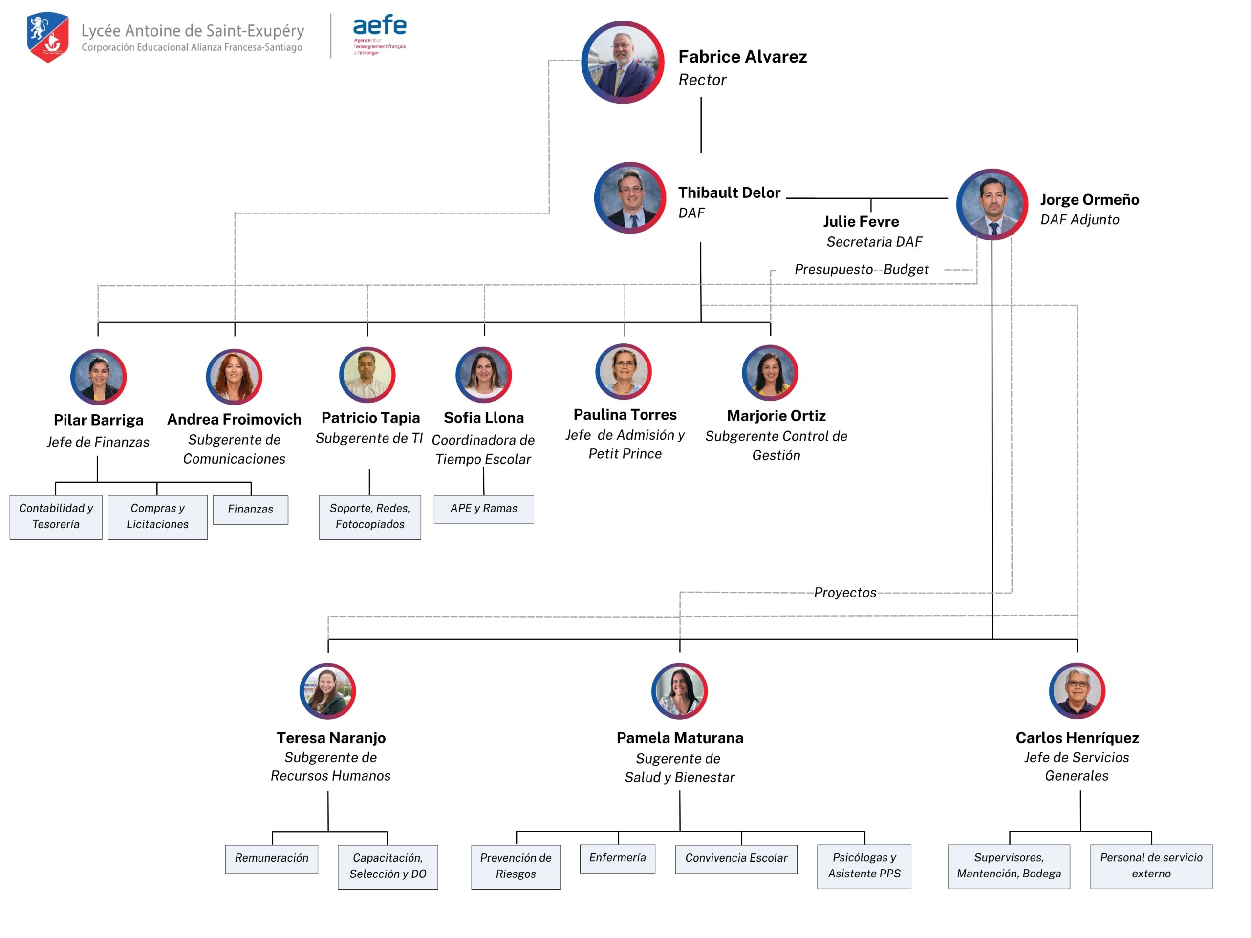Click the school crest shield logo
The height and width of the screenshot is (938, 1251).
(x=48, y=37)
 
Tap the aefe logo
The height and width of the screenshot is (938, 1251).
(x=380, y=34)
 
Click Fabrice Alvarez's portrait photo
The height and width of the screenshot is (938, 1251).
(x=623, y=62)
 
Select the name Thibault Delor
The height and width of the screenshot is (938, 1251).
(x=729, y=193)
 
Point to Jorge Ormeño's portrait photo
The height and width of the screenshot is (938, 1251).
(x=992, y=204)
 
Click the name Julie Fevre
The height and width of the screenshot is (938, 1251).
(x=861, y=222)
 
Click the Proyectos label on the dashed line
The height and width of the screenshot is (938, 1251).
(x=845, y=593)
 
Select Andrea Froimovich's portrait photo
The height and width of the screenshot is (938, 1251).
(x=234, y=377)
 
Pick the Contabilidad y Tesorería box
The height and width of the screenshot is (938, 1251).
(x=56, y=517)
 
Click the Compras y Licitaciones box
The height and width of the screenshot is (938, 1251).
(x=157, y=517)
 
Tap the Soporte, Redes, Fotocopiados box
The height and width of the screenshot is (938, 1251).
(x=370, y=517)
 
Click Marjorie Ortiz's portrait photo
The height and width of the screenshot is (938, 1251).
(x=770, y=373)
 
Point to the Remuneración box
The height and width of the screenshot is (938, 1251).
(x=272, y=858)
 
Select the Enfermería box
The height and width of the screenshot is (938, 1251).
(x=617, y=858)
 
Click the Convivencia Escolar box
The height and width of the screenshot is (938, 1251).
(x=736, y=858)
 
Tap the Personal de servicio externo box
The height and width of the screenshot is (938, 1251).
(x=1151, y=866)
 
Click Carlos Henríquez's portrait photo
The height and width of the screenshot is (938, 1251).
(x=1077, y=691)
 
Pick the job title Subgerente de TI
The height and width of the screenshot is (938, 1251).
(x=369, y=438)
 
